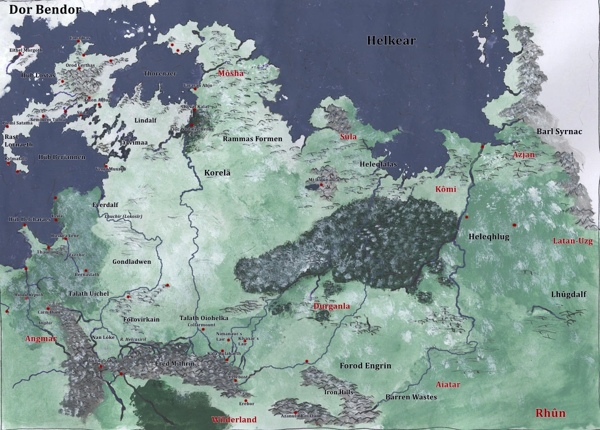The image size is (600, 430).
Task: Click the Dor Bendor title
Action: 45,9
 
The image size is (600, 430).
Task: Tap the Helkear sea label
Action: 391,41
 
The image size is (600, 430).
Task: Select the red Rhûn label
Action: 550,413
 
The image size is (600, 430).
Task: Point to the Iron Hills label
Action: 338,392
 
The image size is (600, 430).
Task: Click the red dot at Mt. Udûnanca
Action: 321,185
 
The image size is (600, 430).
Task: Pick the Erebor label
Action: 247,404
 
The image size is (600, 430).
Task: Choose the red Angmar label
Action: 41,338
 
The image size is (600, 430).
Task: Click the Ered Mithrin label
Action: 175,364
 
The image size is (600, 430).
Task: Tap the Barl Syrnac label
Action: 559,131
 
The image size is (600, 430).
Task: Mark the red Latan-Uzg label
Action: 572,241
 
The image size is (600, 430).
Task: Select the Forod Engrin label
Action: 365,366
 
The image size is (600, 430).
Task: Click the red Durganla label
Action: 331,306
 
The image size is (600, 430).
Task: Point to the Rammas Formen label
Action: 252,138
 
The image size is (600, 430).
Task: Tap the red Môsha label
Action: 231,73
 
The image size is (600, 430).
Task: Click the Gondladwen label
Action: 132,261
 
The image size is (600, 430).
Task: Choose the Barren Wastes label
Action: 411,397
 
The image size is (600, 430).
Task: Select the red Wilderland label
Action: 234,420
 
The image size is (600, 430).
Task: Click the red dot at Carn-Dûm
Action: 48,308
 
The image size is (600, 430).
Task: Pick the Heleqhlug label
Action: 489,237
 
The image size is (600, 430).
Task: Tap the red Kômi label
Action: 445,189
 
